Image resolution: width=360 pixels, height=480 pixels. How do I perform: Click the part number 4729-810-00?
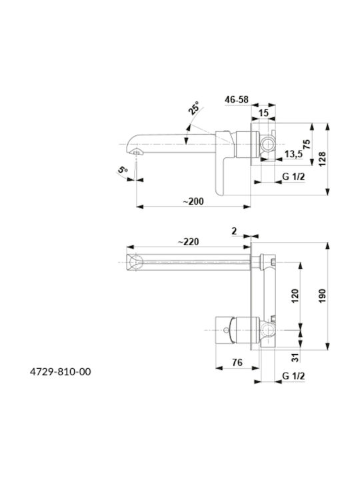pyautogui.click(x=60, y=371)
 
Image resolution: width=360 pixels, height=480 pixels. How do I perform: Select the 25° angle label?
pyautogui.click(x=193, y=108)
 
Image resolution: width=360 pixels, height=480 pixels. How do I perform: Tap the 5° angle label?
pyautogui.click(x=123, y=169)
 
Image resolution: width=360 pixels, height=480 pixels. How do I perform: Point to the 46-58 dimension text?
pyautogui.click(x=237, y=99)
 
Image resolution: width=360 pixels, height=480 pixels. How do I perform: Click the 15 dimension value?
pyautogui.click(x=263, y=113)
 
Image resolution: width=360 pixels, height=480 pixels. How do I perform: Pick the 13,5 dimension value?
pyautogui.click(x=293, y=154)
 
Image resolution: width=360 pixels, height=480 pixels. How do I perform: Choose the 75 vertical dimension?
pyautogui.click(x=307, y=144)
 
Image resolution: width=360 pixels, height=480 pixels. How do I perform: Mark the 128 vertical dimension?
pyautogui.click(x=323, y=159)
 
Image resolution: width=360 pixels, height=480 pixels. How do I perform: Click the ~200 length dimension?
pyautogui.click(x=193, y=201)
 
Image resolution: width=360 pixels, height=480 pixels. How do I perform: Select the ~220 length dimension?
pyautogui.click(x=188, y=242)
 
